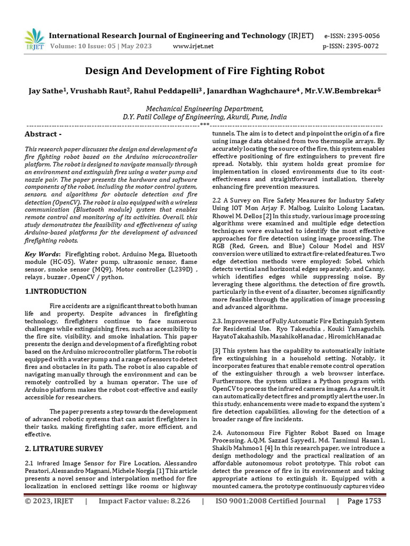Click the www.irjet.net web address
[x=193, y=46]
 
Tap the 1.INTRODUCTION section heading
[x=56, y=292]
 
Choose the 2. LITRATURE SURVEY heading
[x=64, y=448]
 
